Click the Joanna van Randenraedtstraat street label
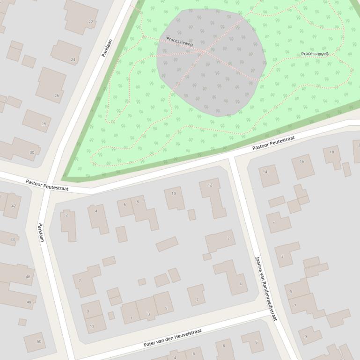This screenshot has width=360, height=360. (266, 288)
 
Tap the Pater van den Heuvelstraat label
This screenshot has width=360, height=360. (173, 338)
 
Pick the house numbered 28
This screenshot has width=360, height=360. (37, 121)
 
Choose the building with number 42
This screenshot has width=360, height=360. (12, 205)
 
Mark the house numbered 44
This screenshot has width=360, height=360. (8, 238)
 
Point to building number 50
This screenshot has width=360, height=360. (35, 342)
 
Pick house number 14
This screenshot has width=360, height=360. (269, 176)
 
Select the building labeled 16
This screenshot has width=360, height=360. (302, 166)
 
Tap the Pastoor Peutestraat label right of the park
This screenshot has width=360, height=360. (274, 144)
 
